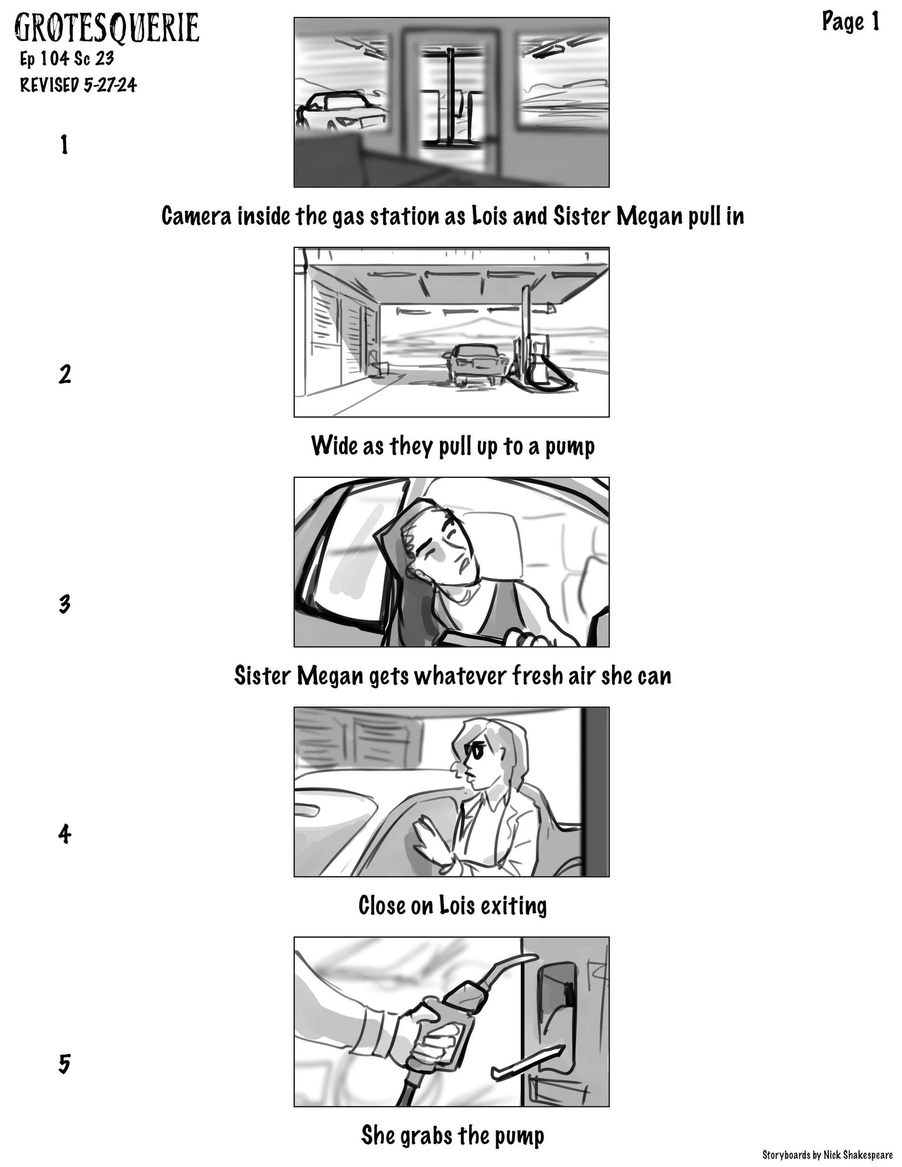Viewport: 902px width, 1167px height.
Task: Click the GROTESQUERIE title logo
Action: (x=107, y=28)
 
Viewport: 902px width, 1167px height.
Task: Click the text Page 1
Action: (x=850, y=22)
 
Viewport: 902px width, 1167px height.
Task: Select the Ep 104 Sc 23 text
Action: (x=67, y=58)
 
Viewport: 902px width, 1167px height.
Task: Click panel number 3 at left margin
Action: (x=64, y=604)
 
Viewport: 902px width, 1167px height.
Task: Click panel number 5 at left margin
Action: (x=64, y=1063)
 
